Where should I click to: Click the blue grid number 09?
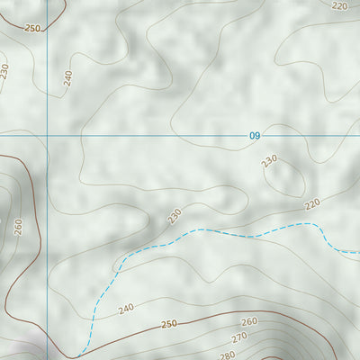255,136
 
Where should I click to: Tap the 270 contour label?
239,337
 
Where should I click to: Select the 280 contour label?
227,354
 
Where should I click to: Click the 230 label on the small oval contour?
269,161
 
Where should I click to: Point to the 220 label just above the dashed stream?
312,204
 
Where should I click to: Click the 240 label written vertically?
67,77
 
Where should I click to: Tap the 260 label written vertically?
18,225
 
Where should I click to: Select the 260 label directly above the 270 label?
249,322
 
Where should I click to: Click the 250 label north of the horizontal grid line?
32,29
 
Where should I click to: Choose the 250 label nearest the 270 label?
169,324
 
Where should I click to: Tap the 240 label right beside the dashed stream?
126,308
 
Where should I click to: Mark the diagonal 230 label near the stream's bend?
174,215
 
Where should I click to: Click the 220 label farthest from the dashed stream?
339,5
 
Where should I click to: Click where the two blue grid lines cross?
47,136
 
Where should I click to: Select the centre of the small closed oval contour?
283,175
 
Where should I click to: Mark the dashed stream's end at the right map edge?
358,251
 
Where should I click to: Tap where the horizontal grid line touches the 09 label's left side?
247,136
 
